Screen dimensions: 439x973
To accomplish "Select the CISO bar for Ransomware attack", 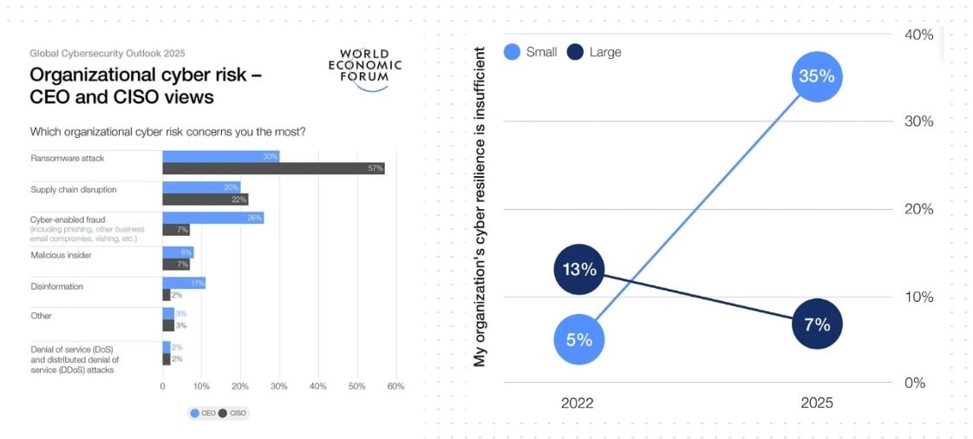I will tap(273, 168).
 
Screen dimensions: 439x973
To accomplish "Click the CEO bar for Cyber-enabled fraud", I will tap(212, 218).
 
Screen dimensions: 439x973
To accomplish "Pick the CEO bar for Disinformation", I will tap(183, 283).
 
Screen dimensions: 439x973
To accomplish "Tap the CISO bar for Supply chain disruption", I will tap(205, 200).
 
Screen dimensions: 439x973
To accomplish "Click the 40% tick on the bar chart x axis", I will tap(317, 386).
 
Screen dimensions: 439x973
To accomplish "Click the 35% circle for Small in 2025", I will tap(817, 76).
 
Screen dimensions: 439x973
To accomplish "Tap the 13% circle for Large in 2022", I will tap(578, 270).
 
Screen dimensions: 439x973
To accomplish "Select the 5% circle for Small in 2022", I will tap(578, 340).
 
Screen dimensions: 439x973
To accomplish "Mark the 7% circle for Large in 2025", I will tap(817, 324).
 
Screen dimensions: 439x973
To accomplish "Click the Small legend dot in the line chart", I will tap(513, 52).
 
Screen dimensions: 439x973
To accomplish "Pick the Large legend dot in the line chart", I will tap(574, 52).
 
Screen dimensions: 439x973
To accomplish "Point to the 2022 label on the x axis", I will tap(578, 403).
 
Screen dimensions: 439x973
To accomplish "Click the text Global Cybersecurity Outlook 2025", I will tap(108, 54).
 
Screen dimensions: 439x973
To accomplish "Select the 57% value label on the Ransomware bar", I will tap(375, 168).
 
